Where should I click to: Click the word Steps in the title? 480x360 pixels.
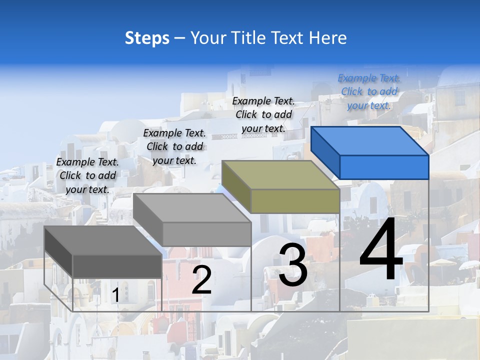147,38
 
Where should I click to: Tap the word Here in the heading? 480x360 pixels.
328,38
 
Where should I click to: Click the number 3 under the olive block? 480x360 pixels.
292,265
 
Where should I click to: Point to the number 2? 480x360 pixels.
201,280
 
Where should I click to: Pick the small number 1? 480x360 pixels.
115,295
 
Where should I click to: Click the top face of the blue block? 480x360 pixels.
370,141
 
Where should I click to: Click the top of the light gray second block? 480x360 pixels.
192,208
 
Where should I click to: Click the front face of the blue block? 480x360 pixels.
384,167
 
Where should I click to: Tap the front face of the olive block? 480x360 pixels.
295,201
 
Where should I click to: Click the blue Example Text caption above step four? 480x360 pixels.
369,92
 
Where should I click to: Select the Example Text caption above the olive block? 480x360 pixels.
263,114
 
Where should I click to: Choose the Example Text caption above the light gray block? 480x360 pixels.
174,146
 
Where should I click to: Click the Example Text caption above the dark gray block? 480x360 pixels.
87,175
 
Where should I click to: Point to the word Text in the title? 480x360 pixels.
287,38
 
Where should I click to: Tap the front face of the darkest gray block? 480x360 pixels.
117,266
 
